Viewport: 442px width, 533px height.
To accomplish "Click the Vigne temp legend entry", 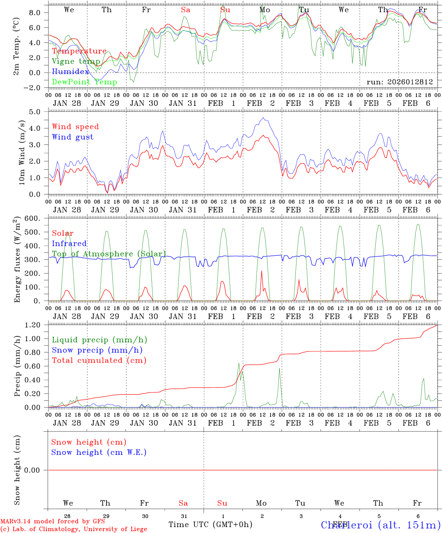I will point(76,61).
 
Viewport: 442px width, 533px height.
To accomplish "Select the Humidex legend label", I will point(71,72).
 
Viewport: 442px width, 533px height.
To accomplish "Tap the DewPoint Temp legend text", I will point(84,82).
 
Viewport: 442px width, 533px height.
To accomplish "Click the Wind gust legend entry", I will point(73,137).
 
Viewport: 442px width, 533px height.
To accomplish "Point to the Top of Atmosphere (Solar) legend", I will point(109,254).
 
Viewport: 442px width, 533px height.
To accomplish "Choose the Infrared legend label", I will point(69,244).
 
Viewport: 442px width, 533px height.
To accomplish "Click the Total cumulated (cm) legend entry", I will point(99,361).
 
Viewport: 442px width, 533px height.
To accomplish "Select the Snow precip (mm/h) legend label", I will point(97,350).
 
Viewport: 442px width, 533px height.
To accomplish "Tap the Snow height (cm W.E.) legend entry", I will point(99,452).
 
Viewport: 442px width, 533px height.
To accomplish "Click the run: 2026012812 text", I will point(399,82).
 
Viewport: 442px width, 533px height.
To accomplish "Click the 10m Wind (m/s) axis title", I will point(21,152).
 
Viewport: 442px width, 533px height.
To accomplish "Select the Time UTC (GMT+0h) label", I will point(210,524).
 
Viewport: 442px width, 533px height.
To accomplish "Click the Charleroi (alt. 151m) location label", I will point(381,525).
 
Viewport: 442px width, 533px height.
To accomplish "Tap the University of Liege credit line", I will point(74,529).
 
